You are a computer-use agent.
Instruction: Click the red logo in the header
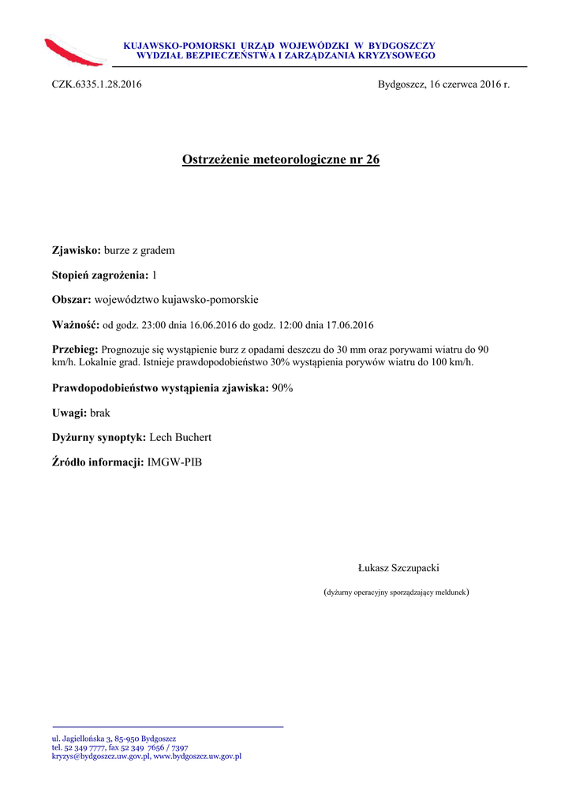74,52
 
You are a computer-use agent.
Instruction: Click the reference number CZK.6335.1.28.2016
96,84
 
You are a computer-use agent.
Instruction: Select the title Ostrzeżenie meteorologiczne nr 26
281,160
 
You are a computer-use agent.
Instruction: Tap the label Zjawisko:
77,251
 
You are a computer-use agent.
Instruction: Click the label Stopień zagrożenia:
100,275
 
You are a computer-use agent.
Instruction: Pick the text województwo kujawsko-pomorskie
176,300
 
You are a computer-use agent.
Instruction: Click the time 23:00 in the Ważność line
157,325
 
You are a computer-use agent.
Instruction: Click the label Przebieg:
75,350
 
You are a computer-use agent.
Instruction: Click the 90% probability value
282,388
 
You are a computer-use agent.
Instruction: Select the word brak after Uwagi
100,413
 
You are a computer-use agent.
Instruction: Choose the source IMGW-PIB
174,462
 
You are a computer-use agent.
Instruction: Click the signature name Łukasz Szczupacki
398,568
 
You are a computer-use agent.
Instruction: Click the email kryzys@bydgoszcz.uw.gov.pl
100,756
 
